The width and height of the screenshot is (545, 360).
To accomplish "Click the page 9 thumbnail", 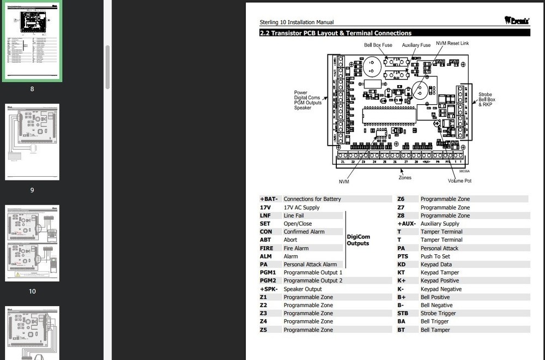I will pyautogui.click(x=32, y=142).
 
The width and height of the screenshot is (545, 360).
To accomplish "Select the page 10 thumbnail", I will pyautogui.click(x=32, y=243).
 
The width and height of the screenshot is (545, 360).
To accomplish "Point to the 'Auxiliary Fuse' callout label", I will pyautogui.click(x=416, y=45).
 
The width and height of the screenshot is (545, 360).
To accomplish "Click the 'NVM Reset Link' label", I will pyautogui.click(x=452, y=43).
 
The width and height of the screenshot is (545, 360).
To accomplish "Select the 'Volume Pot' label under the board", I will pyautogui.click(x=459, y=181).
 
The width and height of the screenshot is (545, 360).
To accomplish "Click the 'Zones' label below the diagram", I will pyautogui.click(x=405, y=177).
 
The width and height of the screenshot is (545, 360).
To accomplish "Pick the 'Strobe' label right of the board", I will pyautogui.click(x=485, y=94).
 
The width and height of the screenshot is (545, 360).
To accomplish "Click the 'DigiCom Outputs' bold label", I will pyautogui.click(x=358, y=240).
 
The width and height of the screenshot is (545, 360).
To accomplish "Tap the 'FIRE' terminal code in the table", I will pyautogui.click(x=266, y=248).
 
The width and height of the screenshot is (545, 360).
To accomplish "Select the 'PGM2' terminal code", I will pyautogui.click(x=268, y=281).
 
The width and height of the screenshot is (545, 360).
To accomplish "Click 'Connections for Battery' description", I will pyautogui.click(x=312, y=199).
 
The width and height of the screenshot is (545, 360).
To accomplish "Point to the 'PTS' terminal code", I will pyautogui.click(x=403, y=256).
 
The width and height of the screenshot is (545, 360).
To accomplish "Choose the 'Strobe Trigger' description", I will pyautogui.click(x=438, y=314).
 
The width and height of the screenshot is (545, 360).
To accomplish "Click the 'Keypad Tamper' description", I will pyautogui.click(x=440, y=273).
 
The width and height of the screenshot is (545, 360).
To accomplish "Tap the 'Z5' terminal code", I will pyautogui.click(x=263, y=330).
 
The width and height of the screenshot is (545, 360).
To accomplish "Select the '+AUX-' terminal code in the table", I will pyautogui.click(x=407, y=224).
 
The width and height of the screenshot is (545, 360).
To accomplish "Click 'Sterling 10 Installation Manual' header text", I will pyautogui.click(x=296, y=22).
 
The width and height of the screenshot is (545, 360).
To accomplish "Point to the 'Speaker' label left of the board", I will pyautogui.click(x=303, y=107).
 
